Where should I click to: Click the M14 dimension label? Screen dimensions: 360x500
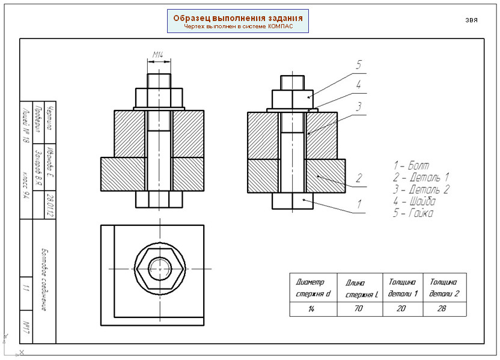click(x=158, y=55)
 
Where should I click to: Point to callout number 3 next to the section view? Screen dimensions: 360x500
click(x=358, y=106)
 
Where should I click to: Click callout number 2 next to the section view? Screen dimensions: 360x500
click(x=359, y=177)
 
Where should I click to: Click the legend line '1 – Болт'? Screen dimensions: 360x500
click(x=412, y=165)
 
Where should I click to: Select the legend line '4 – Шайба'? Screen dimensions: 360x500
click(x=414, y=201)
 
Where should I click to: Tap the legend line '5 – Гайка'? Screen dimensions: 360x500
click(x=413, y=213)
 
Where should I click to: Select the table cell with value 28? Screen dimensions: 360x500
click(x=444, y=309)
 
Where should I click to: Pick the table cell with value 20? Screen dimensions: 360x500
click(x=403, y=309)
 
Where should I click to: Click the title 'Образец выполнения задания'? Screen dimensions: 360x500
click(x=237, y=17)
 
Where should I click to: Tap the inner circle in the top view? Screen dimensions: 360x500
click(x=160, y=268)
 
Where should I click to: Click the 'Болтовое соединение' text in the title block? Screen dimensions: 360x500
click(x=44, y=279)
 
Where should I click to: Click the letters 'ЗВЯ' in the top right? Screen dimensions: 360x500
click(x=471, y=20)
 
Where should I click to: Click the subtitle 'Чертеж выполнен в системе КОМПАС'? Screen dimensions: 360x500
click(x=237, y=27)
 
